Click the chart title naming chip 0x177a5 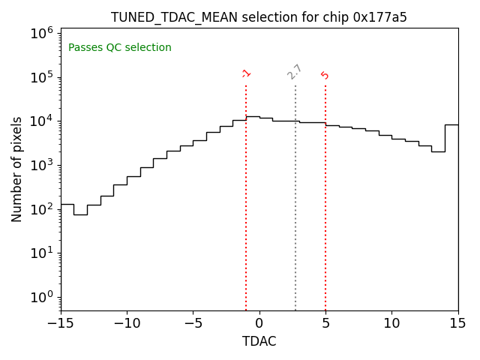(x=259, y=17)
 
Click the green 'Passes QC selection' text (x=120, y=48)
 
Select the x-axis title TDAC (x=259, y=342)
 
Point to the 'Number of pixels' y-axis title (x=17, y=169)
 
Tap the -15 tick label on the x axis (x=61, y=323)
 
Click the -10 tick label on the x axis (x=127, y=323)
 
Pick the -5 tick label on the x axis (x=193, y=323)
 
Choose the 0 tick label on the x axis (x=259, y=323)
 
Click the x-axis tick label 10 (x=391, y=323)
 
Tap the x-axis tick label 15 (x=457, y=323)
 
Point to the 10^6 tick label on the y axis (x=42, y=33)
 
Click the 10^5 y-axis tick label (x=42, y=77)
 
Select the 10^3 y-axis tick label (x=42, y=165)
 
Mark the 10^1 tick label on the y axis (x=42, y=253)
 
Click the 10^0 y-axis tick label (x=42, y=297)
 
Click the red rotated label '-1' (x=246, y=73)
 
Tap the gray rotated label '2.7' (x=295, y=72)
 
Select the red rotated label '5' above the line (x=325, y=75)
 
